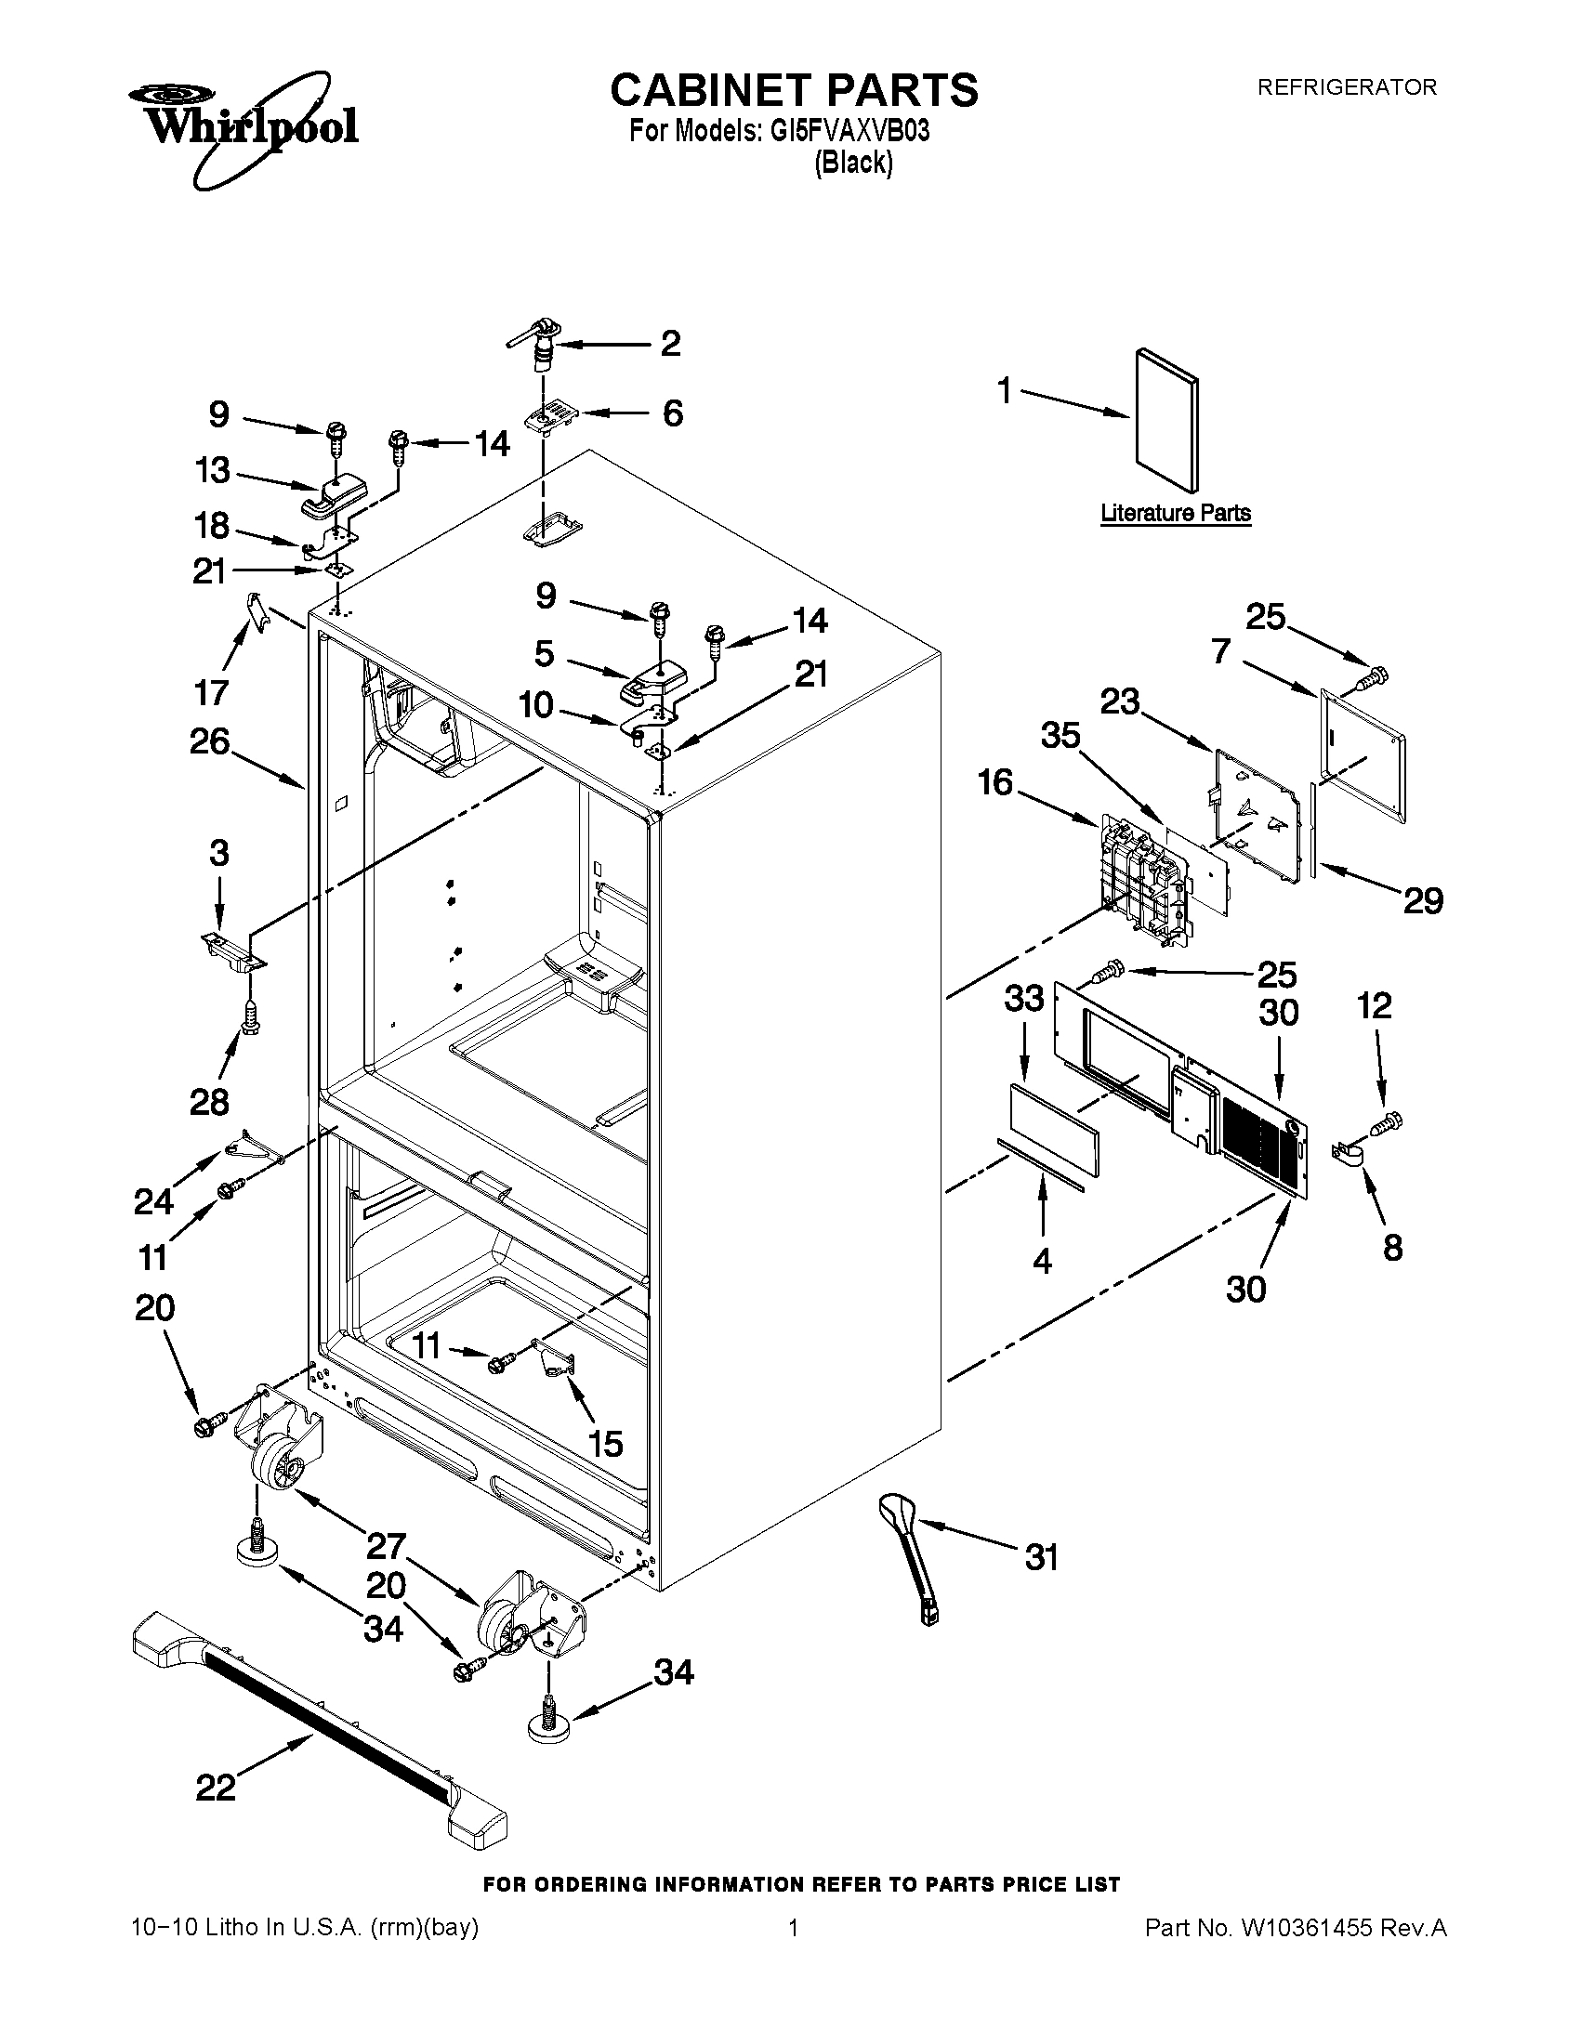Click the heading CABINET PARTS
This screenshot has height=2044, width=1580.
(794, 91)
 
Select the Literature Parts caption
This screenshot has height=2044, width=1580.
(1175, 513)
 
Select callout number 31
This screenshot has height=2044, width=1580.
(1041, 1557)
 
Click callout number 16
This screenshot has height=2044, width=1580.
(996, 781)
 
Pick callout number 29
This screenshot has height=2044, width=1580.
(1422, 900)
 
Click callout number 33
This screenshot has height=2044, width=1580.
(1024, 999)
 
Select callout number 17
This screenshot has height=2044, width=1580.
(212, 692)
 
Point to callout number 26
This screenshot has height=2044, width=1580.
(210, 741)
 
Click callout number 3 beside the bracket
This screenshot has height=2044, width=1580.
(218, 853)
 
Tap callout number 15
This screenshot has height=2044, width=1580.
(606, 1443)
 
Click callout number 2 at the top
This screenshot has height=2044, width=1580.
(670, 344)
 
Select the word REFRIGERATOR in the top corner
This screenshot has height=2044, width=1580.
(1346, 87)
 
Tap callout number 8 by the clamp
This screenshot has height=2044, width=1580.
(1393, 1247)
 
